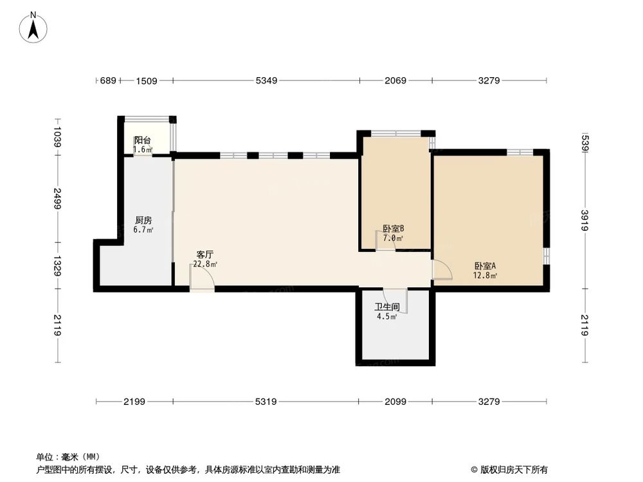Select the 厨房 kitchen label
[143, 219]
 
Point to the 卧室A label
[485, 266]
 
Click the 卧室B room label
[393, 229]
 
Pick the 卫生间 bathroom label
[387, 307]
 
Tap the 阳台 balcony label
[142, 141]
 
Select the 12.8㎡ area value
[485, 276]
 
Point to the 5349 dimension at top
[266, 81]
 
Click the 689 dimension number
[108, 81]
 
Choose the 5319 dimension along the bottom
[266, 402]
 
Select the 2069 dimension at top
[395, 81]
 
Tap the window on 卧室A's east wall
[546, 255]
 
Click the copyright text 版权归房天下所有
[512, 469]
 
